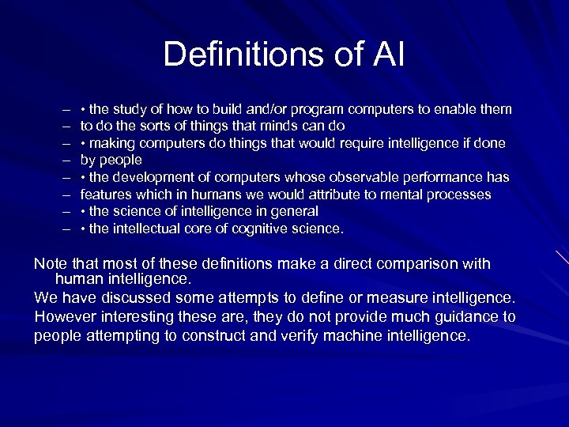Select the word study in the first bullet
[135, 109]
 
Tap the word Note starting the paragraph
[50, 264]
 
